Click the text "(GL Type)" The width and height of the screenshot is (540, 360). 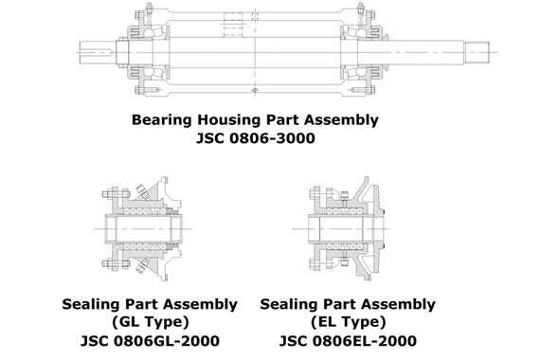click(x=150, y=322)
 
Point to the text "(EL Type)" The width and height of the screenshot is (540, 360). click(x=347, y=322)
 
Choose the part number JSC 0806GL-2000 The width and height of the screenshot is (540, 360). click(x=150, y=340)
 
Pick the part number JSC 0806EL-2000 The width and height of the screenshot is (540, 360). click(x=347, y=340)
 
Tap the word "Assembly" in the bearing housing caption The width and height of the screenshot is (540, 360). click(x=338, y=120)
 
